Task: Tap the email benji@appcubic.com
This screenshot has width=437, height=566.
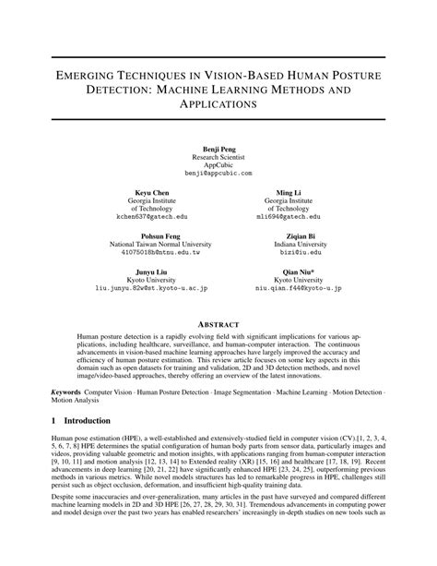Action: click(218, 174)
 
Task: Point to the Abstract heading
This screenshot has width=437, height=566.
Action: click(218, 325)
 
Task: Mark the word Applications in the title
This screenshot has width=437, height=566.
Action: click(218, 108)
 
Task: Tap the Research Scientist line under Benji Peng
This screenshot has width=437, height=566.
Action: click(218, 157)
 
